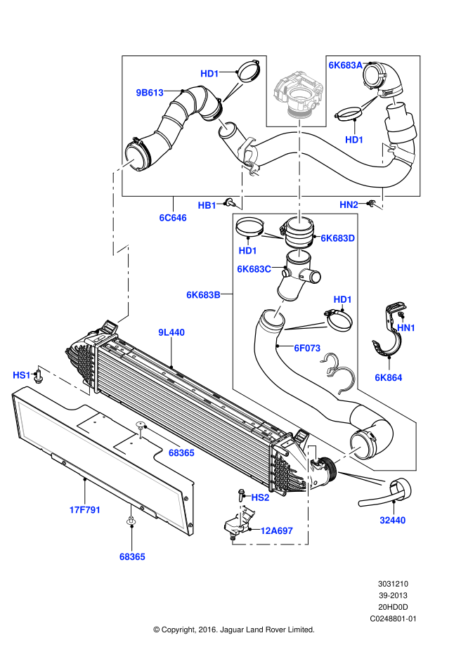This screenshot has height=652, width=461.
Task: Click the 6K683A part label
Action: [x=345, y=65]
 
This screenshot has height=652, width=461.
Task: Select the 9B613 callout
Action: [x=150, y=93]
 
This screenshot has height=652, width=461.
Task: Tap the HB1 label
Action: [x=207, y=206]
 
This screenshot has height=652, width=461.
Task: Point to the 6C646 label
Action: [x=173, y=218]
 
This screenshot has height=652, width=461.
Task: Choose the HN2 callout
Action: [x=349, y=205]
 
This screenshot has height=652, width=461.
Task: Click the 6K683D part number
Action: [x=338, y=238]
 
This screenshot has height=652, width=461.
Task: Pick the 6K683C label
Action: [x=254, y=269]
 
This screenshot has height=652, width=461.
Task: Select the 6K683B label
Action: [x=203, y=295]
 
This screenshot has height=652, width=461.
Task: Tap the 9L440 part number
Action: [x=171, y=332]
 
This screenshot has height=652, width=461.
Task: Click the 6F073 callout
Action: [x=307, y=348]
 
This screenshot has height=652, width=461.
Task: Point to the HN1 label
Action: [x=406, y=328]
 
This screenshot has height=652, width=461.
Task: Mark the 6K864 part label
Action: [x=389, y=378]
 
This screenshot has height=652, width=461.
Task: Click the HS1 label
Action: [x=22, y=375]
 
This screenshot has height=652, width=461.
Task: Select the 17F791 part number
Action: [x=85, y=510]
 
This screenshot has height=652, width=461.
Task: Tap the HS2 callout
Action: [x=260, y=497]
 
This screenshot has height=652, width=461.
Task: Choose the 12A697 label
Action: [x=276, y=530]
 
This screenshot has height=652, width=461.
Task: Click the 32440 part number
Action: [x=393, y=521]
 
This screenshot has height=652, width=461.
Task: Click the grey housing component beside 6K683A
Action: [x=299, y=93]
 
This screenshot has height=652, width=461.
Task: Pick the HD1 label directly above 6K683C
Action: [x=248, y=251]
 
